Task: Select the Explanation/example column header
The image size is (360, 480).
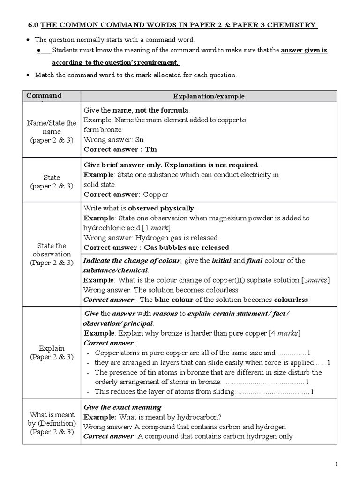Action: (209, 97)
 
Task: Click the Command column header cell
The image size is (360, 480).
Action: (44, 96)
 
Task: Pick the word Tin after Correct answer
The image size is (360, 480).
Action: (151, 150)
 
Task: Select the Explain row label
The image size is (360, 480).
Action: (52, 353)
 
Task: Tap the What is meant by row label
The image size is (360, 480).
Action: (52, 423)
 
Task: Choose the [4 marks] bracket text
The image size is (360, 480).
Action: (285, 333)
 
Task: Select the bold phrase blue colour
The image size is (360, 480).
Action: (173, 300)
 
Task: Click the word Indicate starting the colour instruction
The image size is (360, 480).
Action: (98, 261)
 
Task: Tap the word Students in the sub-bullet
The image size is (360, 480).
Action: (66, 51)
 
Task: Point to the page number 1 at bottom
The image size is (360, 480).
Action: (336, 464)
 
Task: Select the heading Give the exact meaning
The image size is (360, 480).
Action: (122, 407)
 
